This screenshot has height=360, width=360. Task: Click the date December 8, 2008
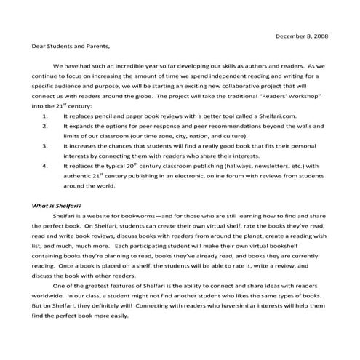(303, 34)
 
